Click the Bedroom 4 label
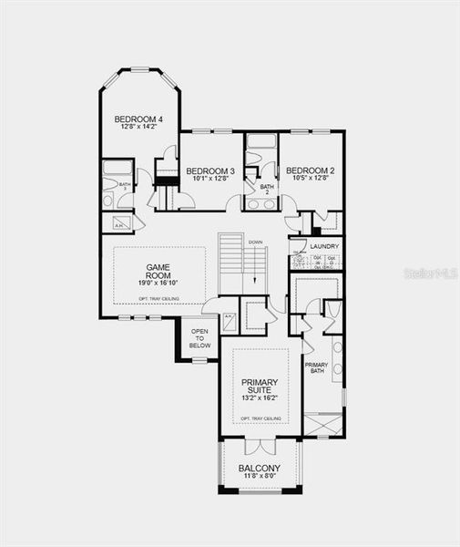pos(138,119)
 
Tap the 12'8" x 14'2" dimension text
pos(138,128)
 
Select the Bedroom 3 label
pos(210,170)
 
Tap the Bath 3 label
pos(125,185)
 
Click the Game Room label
pos(158,272)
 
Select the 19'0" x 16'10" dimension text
pos(158,284)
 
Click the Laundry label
pos(324,246)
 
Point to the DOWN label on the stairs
pos(255,243)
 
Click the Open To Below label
pos(200,339)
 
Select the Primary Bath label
pos(316,367)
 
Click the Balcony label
pos(260,469)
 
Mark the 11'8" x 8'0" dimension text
pos(260,478)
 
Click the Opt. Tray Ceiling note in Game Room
pos(158,298)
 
